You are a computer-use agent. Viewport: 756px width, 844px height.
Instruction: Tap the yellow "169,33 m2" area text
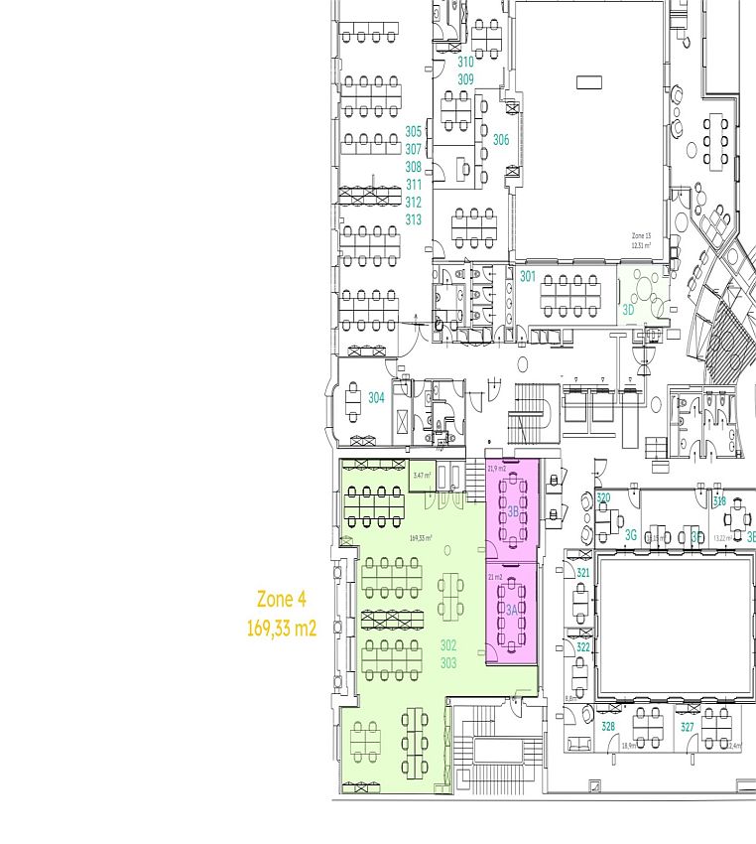282,628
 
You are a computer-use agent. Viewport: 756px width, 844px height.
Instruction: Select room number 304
376,398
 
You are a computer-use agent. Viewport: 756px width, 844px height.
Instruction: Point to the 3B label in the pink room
514,512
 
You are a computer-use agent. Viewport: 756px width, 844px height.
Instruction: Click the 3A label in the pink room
513,611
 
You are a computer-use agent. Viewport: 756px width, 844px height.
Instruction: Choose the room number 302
448,645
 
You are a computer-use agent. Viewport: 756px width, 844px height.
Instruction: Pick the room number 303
448,662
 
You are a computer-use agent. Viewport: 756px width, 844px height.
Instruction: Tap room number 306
501,141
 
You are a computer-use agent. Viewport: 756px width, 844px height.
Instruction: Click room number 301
528,277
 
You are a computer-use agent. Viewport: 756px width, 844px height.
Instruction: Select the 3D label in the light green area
628,309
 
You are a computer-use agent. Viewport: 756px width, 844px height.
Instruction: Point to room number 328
608,727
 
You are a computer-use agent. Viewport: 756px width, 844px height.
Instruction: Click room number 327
688,727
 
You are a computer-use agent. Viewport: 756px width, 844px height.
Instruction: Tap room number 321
583,574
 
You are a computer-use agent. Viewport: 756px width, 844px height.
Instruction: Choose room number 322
583,647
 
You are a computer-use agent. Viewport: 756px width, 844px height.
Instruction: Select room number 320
603,498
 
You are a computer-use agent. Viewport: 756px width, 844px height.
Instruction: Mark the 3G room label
631,535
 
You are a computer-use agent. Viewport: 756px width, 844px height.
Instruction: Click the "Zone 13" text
641,236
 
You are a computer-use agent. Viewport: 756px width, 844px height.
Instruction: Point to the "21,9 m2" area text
496,468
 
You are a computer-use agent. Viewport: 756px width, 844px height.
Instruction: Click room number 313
414,219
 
